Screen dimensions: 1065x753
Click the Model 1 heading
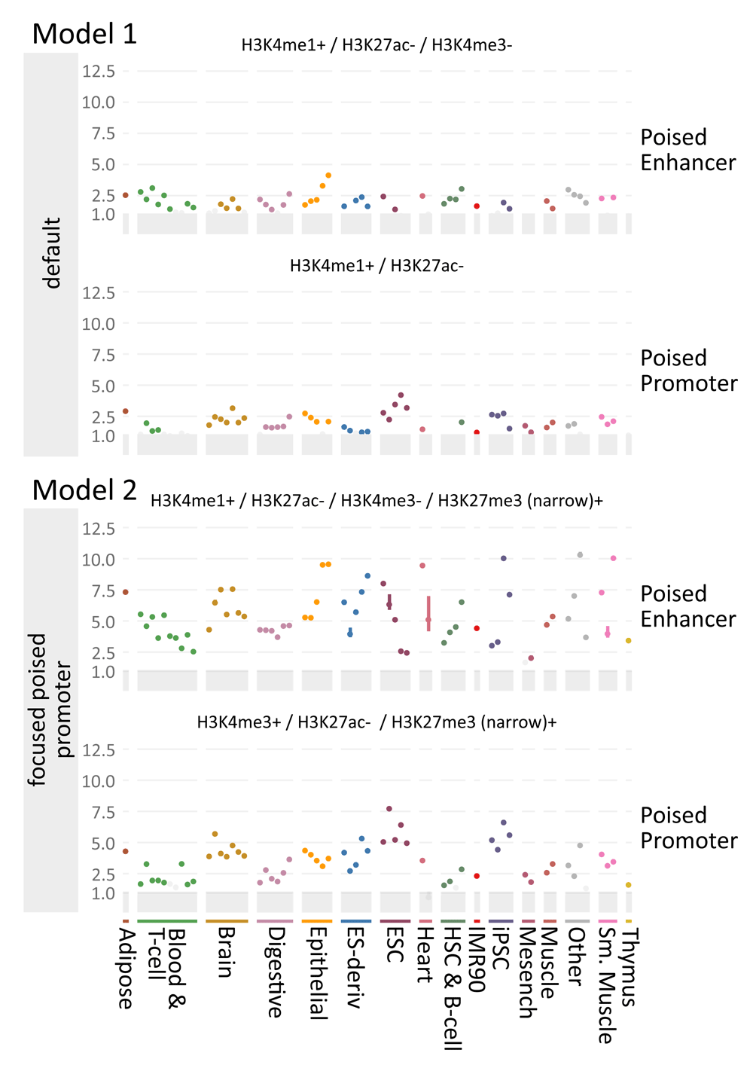84,34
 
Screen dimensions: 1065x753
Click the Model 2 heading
84,490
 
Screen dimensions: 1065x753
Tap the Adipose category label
127,968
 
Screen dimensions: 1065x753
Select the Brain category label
225,952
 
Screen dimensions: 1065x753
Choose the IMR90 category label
477,960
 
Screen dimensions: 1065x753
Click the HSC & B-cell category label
452,987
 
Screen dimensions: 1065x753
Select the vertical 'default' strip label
51,253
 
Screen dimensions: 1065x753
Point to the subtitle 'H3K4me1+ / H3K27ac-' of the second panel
376,266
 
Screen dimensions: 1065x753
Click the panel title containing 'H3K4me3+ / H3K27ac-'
376,722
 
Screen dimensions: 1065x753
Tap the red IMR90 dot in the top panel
477,206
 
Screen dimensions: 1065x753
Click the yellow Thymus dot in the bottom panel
629,885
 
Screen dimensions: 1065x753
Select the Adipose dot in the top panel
126,195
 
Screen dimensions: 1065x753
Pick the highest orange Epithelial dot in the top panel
328,175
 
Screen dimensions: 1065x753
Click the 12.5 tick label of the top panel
99,72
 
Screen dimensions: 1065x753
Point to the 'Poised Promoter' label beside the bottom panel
688,828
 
